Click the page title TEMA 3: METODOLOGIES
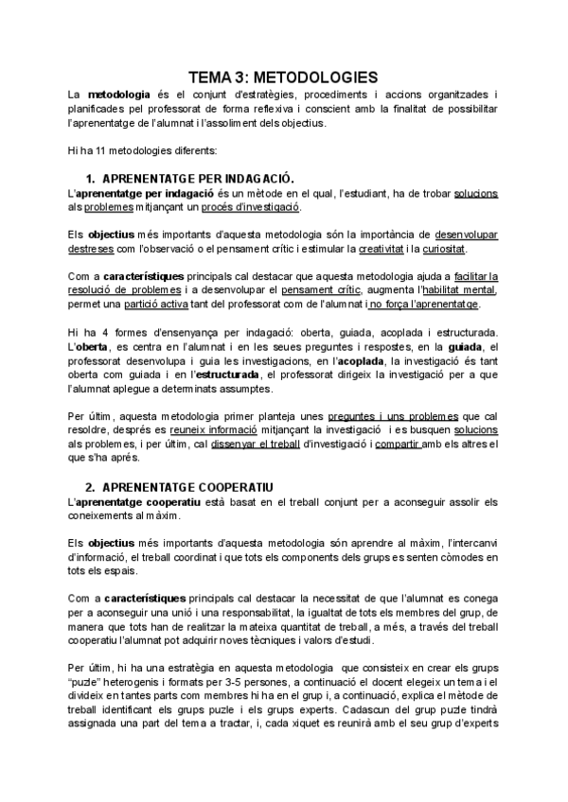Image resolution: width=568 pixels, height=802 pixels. click(283, 77)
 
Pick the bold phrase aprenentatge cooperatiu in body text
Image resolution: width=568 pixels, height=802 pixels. click(131, 501)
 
